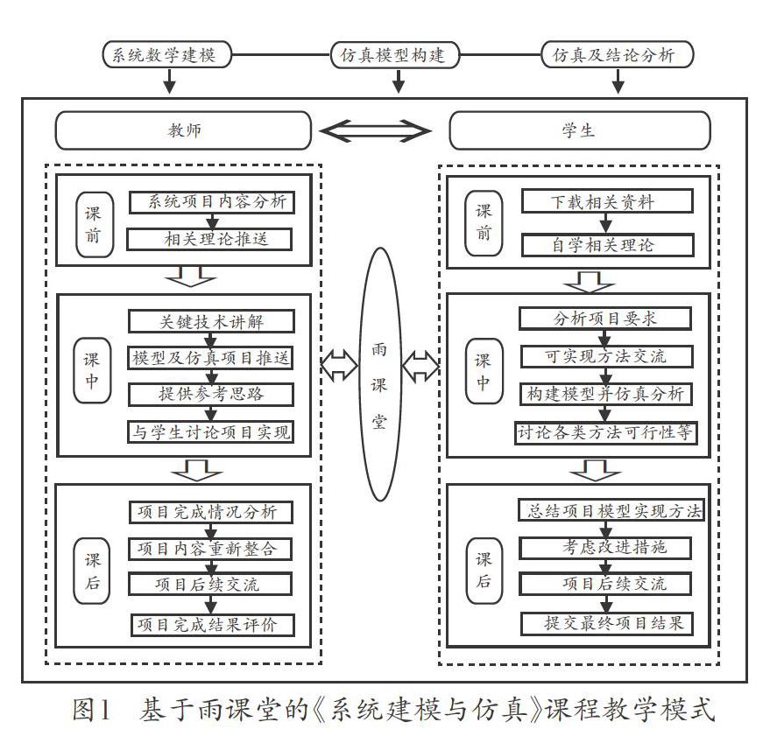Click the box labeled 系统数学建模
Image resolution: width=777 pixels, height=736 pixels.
[x=167, y=54]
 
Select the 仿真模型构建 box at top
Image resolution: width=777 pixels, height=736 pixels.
[x=395, y=54]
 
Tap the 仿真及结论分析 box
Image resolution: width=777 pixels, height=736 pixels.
[x=617, y=54]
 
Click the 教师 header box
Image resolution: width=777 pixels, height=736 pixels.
[x=183, y=130]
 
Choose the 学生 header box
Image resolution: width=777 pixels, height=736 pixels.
[x=579, y=130]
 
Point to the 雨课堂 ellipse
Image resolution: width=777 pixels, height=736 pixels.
[x=379, y=375]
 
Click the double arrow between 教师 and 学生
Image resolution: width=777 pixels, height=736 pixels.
[x=375, y=131]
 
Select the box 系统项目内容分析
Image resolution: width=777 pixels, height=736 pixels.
[x=212, y=202]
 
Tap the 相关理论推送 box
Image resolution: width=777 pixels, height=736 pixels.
[x=209, y=239]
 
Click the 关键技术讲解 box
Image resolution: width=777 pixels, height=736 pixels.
[x=212, y=322]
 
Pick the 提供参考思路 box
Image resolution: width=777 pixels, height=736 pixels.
[x=211, y=395]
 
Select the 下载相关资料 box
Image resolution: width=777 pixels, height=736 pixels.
[x=607, y=201]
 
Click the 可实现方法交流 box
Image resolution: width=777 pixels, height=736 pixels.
[x=606, y=356]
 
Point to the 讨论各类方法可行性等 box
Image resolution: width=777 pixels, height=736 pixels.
[x=606, y=432]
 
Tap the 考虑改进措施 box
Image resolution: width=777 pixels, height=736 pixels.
[x=605, y=548]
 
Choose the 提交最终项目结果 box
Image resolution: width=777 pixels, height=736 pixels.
[x=606, y=623]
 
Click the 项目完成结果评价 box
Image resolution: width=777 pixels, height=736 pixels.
[x=213, y=625]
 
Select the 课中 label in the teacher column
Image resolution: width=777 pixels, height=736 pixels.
[x=92, y=370]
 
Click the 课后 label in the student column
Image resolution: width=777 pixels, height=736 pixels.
[x=484, y=571]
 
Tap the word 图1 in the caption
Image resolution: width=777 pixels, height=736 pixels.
[x=91, y=709]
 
